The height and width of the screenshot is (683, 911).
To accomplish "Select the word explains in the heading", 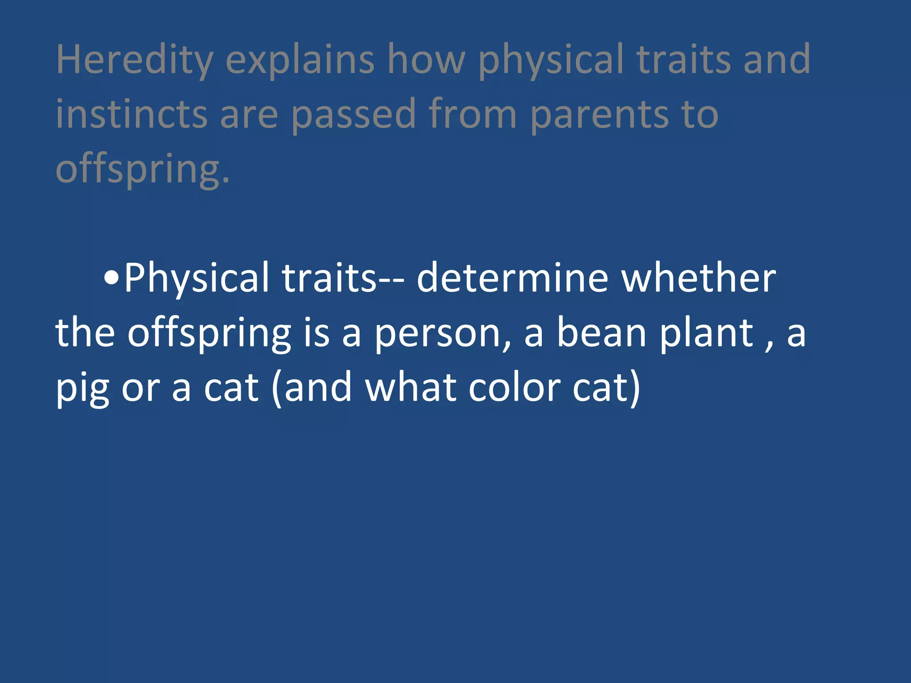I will coord(300,60).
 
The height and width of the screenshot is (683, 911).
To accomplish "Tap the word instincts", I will coord(132,114).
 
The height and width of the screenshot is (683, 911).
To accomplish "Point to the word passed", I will coord(354,114).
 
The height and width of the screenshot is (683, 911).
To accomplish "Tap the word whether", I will coord(698,279).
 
